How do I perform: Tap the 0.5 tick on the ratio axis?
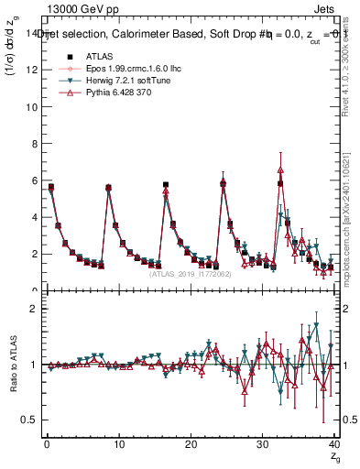tap(30, 420)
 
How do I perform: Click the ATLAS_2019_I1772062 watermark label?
tap(190, 273)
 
